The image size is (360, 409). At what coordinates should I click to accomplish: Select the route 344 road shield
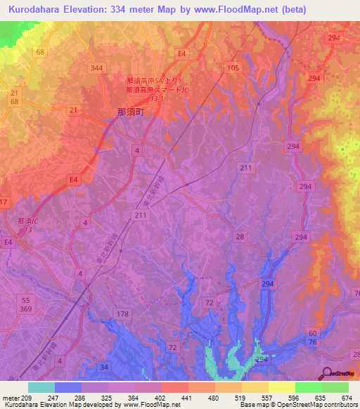(97, 67)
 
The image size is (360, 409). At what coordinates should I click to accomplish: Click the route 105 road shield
(233, 67)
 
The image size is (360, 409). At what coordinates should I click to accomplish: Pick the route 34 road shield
(105, 367)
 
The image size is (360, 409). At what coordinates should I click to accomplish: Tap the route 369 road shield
(26, 309)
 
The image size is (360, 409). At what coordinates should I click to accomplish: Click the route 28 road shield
(240, 238)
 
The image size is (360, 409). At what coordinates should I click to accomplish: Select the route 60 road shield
(313, 332)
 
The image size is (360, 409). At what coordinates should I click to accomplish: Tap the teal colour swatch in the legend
(41, 387)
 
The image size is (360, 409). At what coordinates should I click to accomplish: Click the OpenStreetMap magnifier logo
(327, 375)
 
